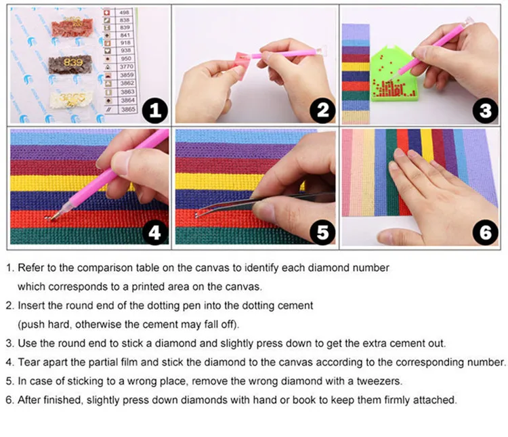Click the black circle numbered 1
155,110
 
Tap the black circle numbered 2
322,110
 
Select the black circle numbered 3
485,110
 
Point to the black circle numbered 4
155,232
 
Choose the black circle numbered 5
322,232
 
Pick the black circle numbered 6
485,232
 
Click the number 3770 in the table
127,66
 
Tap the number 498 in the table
125,13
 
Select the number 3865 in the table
128,109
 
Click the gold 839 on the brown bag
73,62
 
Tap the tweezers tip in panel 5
196,215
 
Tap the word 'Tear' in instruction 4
29,362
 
